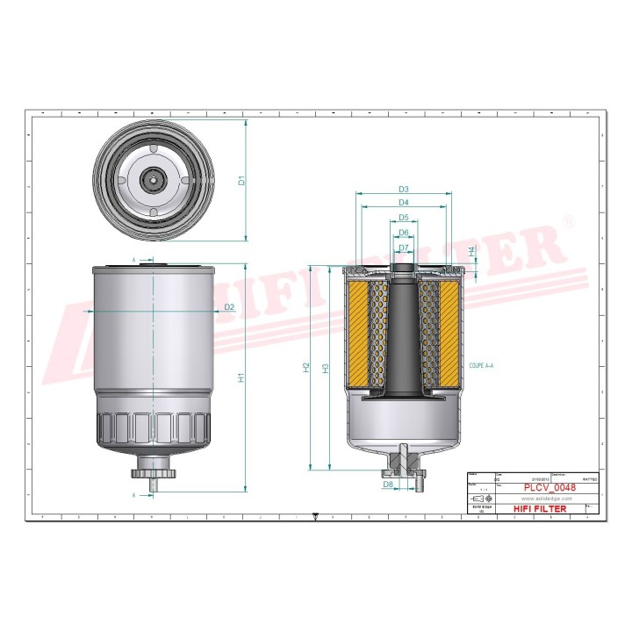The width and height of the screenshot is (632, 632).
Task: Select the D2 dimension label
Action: point(229,306)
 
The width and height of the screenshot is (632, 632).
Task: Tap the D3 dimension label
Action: point(404,189)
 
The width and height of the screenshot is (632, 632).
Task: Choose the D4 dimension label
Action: point(404,203)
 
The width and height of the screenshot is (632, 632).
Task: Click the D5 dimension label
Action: point(404,218)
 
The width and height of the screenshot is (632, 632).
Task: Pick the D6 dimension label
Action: point(404,233)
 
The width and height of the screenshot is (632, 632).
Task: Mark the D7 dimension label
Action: point(404,248)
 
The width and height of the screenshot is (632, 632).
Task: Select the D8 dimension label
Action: point(387,484)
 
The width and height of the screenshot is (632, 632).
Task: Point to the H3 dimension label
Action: point(325,368)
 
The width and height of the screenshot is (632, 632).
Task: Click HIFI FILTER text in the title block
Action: point(539,508)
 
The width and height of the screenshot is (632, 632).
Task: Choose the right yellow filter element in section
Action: point(448,333)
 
